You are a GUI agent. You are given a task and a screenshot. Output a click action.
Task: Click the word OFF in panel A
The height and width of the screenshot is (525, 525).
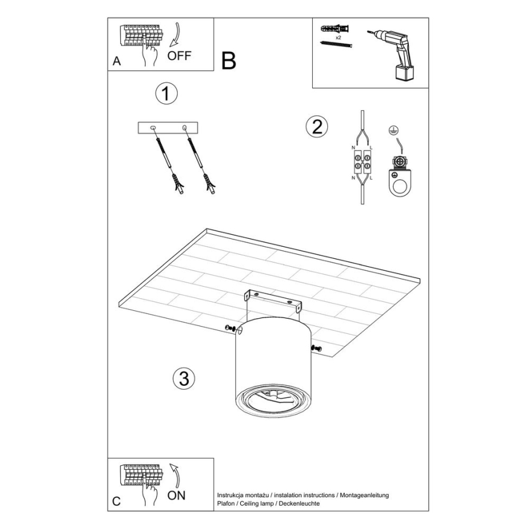179,56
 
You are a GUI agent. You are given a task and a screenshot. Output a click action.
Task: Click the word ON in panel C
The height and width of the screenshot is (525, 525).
177,495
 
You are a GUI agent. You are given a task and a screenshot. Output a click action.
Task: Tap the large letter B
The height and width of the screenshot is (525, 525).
229,60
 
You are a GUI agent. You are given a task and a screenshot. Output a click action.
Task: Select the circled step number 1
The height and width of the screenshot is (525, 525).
166,94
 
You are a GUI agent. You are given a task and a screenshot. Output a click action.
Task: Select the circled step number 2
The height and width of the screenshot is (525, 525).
316,126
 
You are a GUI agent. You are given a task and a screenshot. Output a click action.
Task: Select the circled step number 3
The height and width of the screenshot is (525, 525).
184,378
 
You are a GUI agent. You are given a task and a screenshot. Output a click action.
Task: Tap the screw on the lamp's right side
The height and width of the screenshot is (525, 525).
317,347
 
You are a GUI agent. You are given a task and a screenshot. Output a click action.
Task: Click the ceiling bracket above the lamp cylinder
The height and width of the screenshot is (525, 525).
272,302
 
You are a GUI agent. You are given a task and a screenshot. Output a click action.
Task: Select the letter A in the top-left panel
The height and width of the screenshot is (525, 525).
116,62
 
